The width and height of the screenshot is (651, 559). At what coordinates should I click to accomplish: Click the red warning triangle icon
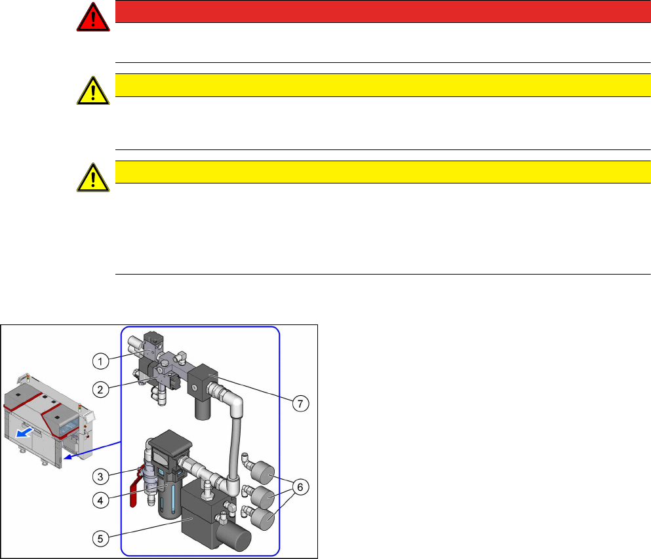[93, 17]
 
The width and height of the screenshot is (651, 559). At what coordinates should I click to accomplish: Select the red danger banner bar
[383, 11]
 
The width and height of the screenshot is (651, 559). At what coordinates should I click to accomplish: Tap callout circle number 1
[100, 361]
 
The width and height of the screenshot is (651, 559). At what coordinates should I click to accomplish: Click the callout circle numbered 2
[100, 389]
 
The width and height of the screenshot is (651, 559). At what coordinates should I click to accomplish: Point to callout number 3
[100, 476]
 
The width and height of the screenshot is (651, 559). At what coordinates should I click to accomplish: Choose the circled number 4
[100, 500]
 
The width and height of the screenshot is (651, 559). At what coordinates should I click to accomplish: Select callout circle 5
[100, 539]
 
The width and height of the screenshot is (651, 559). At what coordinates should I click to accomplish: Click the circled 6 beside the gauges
[300, 487]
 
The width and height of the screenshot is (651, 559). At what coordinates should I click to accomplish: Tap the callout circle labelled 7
[300, 403]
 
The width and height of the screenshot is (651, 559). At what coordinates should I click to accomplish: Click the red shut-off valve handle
[134, 489]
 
